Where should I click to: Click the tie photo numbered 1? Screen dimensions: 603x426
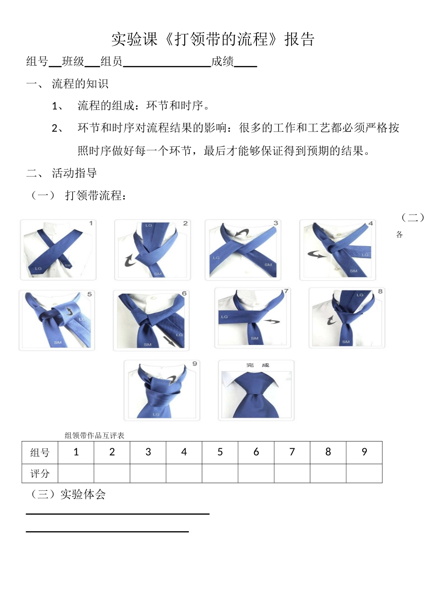(58, 249)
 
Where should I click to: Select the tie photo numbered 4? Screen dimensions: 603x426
(337, 250)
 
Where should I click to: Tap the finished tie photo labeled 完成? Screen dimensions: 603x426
(256, 390)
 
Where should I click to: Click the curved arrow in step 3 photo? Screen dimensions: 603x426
(242, 234)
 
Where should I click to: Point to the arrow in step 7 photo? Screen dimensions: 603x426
(271, 321)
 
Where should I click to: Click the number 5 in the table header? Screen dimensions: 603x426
(220, 452)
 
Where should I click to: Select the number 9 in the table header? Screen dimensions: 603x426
(364, 452)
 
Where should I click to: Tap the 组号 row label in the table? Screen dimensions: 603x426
(40, 453)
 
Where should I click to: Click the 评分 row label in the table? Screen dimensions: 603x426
(40, 474)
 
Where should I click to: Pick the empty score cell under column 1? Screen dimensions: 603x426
(76, 474)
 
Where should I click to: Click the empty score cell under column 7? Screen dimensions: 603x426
(292, 474)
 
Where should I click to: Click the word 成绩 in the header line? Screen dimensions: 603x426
(222, 61)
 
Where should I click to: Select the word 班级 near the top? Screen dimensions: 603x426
(73, 61)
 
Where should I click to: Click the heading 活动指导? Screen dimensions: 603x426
(74, 173)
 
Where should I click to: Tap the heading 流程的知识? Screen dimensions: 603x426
(80, 84)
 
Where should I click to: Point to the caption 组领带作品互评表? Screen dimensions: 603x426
(94, 435)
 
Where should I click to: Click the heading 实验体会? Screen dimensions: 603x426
(83, 494)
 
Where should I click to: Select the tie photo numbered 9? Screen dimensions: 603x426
(162, 390)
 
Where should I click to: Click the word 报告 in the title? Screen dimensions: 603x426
(299, 39)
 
